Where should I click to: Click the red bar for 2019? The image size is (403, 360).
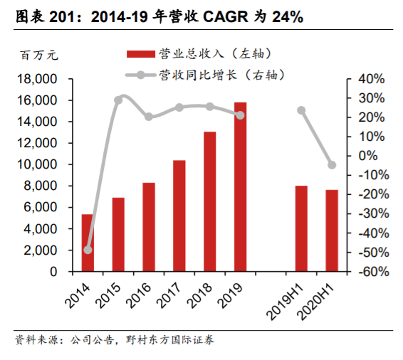240,187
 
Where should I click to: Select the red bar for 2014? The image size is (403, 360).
87,243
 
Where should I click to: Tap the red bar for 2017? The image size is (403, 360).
179,216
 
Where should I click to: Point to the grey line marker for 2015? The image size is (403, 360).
118,100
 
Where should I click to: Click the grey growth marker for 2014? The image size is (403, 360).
88,250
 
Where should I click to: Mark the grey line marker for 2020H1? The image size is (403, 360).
332,165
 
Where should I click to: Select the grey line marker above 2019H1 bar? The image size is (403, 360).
301,110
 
